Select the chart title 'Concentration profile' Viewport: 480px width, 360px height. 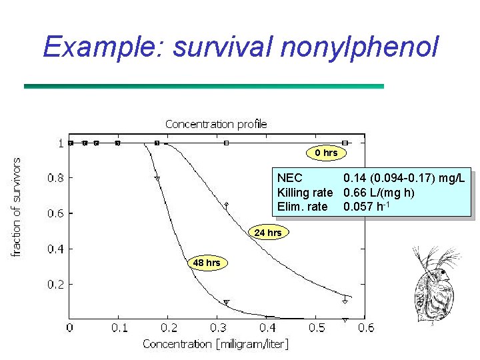pyautogui.click(x=216, y=124)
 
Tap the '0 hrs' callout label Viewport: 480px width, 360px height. pyautogui.click(x=327, y=153)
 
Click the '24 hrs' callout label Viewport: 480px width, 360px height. pyautogui.click(x=268, y=233)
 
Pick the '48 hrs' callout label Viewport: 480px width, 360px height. pyautogui.click(x=207, y=263)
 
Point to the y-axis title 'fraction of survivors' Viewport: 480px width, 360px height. pyautogui.click(x=18, y=206)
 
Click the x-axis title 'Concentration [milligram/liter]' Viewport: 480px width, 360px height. pyautogui.click(x=215, y=344)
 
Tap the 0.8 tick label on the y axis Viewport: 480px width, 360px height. pyautogui.click(x=56, y=178)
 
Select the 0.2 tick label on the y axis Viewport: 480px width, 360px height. pyautogui.click(x=56, y=285)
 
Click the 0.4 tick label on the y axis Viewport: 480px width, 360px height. pyautogui.click(x=56, y=249)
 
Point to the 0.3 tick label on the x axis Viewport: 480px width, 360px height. pyautogui.click(x=218, y=327)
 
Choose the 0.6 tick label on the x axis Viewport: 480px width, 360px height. pyautogui.click(x=366, y=327)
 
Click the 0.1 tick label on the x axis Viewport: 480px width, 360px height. pyautogui.click(x=119, y=327)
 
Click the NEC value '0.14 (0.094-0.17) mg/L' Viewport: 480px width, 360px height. pyautogui.click(x=404, y=178)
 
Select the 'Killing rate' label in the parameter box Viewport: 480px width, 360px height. pyautogui.click(x=305, y=193)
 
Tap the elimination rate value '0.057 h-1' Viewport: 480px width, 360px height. pyautogui.click(x=366, y=207)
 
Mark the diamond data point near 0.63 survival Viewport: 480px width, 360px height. pyautogui.click(x=226, y=205)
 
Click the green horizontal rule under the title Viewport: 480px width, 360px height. pyautogui.click(x=203, y=86)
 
